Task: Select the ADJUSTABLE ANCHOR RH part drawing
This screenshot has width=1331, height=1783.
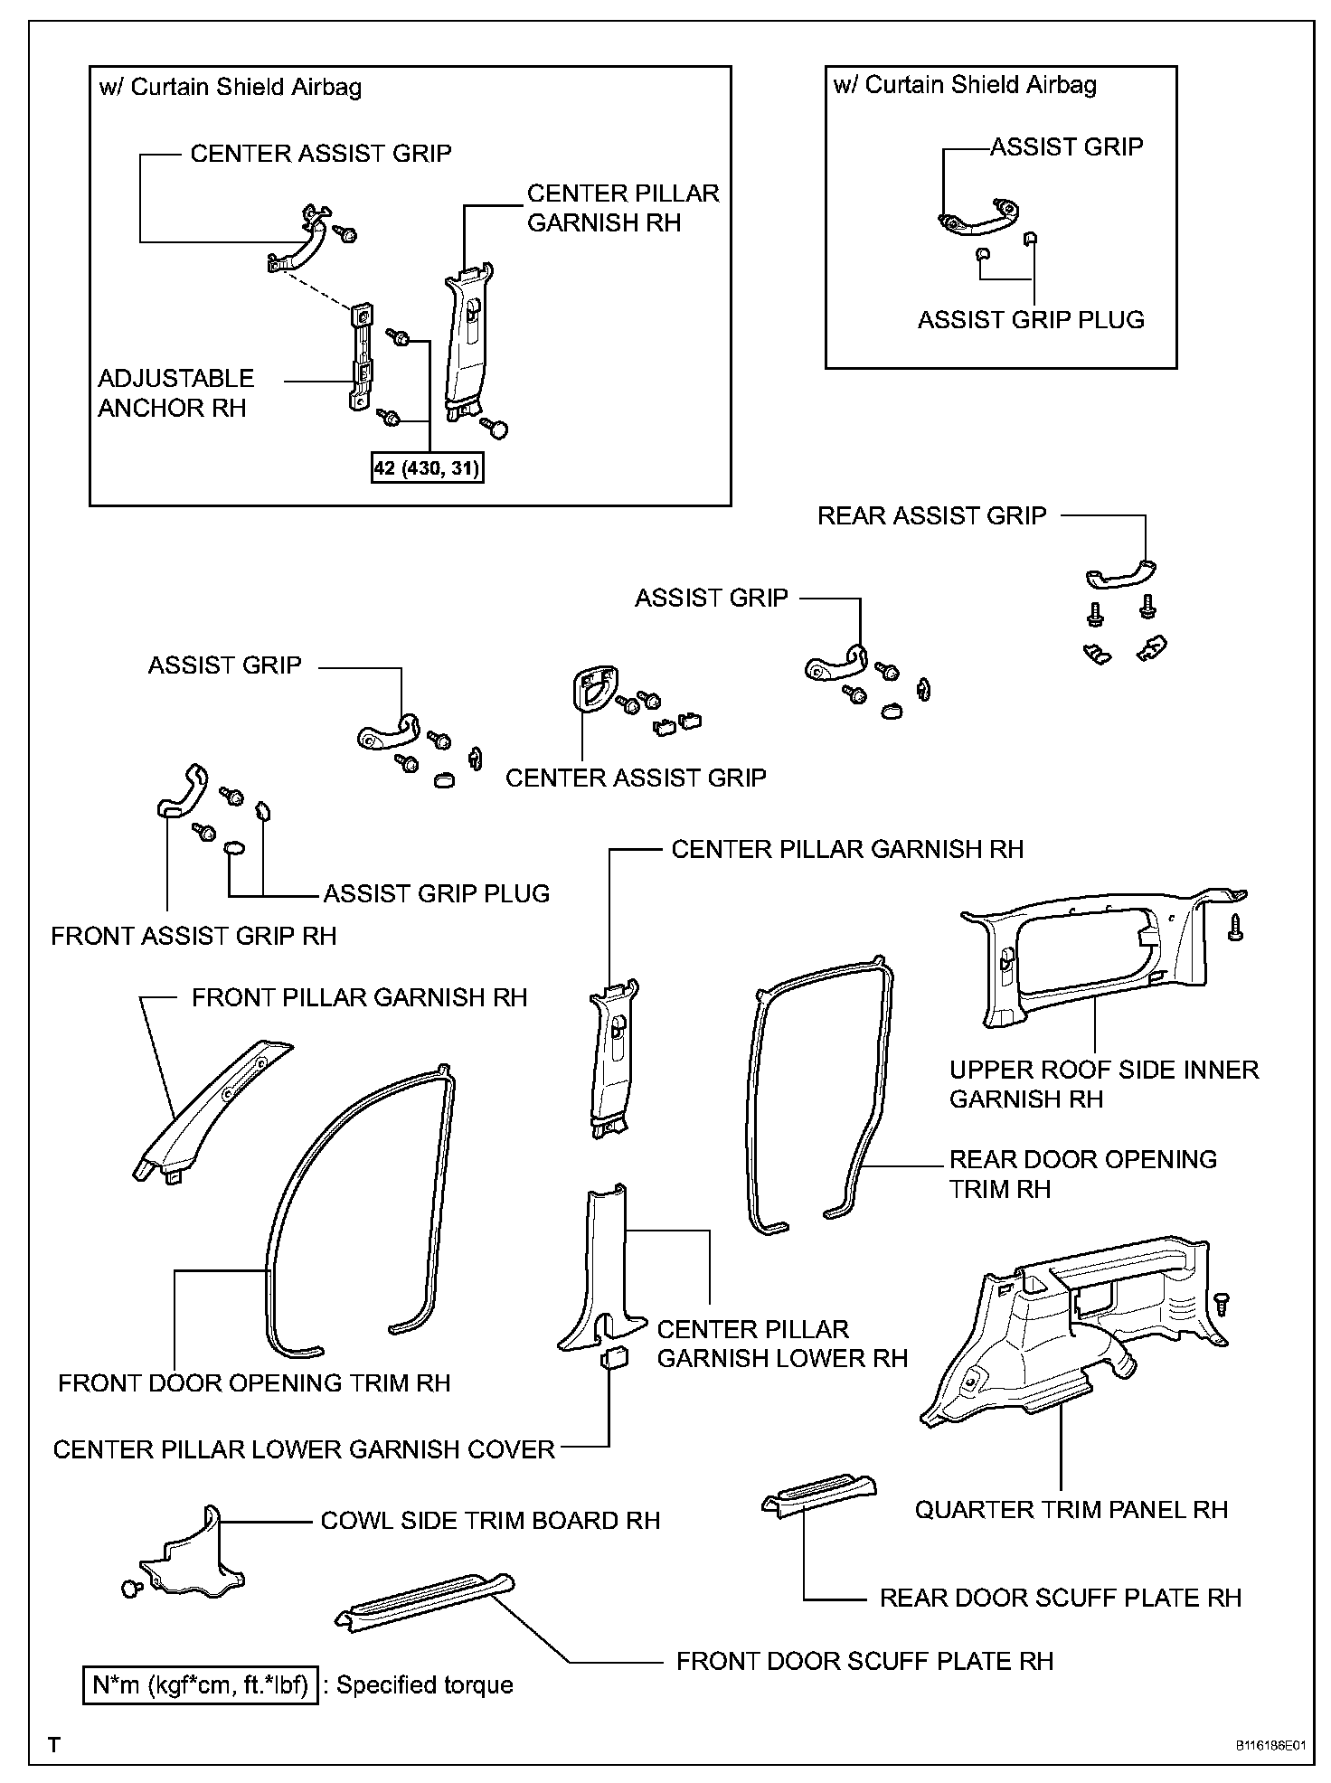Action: coord(362,358)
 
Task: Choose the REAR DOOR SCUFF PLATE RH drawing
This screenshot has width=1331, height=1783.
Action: coord(818,1497)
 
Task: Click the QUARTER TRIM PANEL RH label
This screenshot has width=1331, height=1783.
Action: coord(1071,1509)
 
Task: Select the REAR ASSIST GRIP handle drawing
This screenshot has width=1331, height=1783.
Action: coord(1120,575)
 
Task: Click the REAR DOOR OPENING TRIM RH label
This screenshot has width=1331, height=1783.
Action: coord(1082,1174)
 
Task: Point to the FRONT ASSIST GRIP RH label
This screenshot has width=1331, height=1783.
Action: coord(194,936)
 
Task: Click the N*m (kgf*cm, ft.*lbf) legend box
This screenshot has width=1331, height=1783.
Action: coord(200,1684)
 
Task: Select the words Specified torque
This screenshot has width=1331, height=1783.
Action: coord(424,1684)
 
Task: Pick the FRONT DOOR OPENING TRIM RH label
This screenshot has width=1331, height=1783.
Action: coord(254,1382)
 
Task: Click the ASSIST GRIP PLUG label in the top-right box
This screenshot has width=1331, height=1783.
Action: coord(1031,320)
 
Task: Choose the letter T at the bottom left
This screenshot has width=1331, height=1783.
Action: coord(55,1744)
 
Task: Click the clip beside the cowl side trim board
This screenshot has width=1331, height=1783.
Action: coord(130,1589)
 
